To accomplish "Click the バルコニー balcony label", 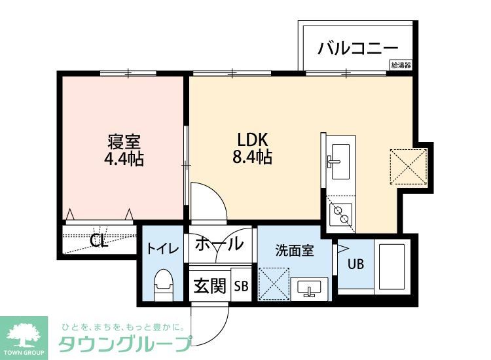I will (358, 48).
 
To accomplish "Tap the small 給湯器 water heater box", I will (401, 65).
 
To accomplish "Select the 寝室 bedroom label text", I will (124, 142).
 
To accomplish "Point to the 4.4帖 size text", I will (124, 158).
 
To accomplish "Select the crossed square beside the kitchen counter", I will (409, 165).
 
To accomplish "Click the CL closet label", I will (99, 241).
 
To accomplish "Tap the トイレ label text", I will (161, 248).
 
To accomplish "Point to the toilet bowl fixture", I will (162, 284).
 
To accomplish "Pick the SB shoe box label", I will (241, 285).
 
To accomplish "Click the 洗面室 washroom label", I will (294, 249).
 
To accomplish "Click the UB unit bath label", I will (355, 265).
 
